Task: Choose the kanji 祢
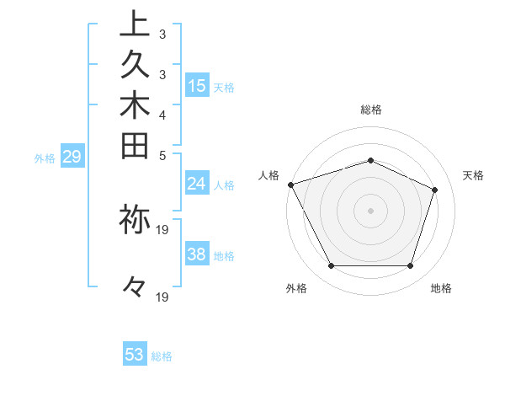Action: coord(134,217)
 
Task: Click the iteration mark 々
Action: coord(134,287)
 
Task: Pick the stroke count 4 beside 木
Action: coord(162,115)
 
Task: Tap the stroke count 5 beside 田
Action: coord(162,155)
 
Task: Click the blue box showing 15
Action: coord(197,85)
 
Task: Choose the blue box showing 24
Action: coord(197,184)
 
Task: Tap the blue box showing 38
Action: coord(197,255)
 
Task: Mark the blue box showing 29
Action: coord(73,156)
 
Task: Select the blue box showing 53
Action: coord(135,355)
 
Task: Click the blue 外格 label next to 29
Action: coord(45,157)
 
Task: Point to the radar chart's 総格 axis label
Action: coord(370,110)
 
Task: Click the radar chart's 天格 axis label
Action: coord(473,175)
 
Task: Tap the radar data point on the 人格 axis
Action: coord(290,185)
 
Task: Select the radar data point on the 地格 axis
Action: coord(410,266)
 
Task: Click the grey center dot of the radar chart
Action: coord(370,210)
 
